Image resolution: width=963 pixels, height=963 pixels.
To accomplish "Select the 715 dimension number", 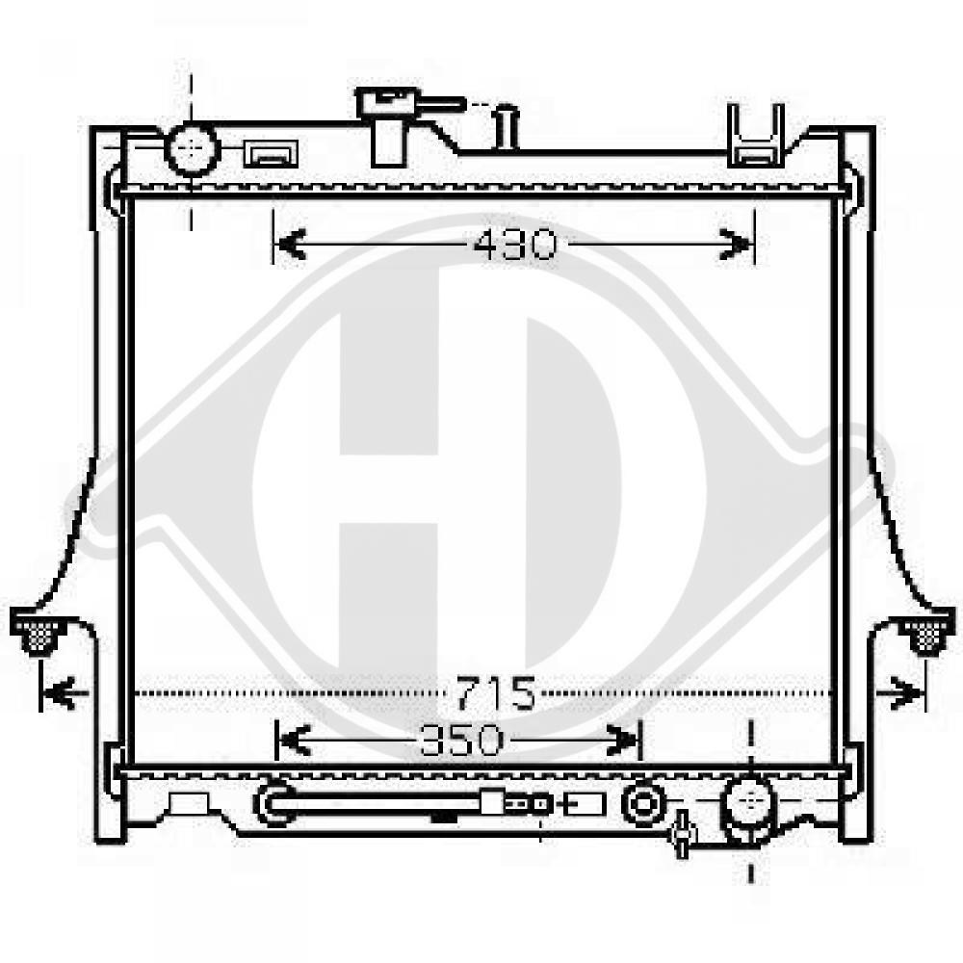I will tap(496, 692).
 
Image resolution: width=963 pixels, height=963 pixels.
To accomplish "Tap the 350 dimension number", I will tap(462, 741).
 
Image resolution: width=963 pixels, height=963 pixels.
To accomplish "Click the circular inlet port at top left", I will tap(193, 149).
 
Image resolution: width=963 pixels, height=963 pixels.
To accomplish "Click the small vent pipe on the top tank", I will tap(507, 129).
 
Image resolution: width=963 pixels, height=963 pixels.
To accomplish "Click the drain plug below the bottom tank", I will tap(683, 834).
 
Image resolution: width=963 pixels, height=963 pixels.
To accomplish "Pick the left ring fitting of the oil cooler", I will tap(273, 804).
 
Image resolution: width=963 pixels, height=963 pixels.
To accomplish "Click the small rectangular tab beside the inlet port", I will tap(271, 153).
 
